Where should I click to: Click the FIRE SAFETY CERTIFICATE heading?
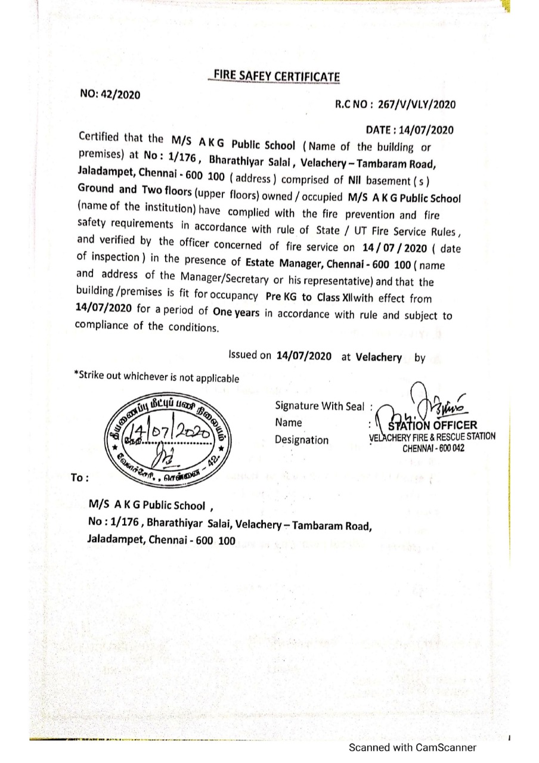275,76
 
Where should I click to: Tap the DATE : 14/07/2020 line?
410,130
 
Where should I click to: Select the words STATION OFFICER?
432,425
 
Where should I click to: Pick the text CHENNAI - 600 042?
433,448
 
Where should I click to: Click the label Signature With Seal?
320,406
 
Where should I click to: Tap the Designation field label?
301,440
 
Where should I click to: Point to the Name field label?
288,423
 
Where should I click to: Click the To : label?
80,477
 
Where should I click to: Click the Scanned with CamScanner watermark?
413,747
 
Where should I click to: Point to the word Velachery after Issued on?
379,357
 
